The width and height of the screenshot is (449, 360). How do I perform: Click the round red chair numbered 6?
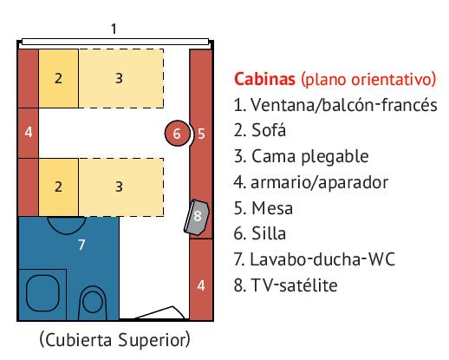tap(178, 134)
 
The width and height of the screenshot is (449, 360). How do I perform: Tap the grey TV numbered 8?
tap(197, 217)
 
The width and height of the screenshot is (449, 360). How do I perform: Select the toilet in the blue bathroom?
tap(93, 303)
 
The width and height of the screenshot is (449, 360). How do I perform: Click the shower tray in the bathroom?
tap(42, 294)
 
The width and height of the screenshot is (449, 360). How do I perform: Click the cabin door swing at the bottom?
tap(159, 313)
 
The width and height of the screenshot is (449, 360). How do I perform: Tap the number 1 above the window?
tap(114, 29)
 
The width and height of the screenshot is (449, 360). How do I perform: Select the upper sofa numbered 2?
tap(58, 78)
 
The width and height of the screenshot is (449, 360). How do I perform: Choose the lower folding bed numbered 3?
tap(121, 187)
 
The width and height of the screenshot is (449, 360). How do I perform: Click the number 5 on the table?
tap(201, 134)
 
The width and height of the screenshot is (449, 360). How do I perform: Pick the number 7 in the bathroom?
tap(81, 245)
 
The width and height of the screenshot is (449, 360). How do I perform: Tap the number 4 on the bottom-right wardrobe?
tap(201, 285)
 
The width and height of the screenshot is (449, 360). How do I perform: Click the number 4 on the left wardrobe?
tap(29, 132)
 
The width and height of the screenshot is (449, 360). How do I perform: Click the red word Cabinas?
tap(264, 79)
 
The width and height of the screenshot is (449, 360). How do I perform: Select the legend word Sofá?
tap(269, 130)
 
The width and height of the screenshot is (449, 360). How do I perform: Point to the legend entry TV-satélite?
tap(294, 285)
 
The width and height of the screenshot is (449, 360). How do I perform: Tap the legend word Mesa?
tap(272, 208)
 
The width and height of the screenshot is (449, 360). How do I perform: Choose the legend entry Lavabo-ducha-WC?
tap(322, 259)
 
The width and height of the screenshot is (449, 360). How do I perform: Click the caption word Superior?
tap(154, 340)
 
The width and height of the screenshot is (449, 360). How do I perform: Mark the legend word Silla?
tap(269, 233)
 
